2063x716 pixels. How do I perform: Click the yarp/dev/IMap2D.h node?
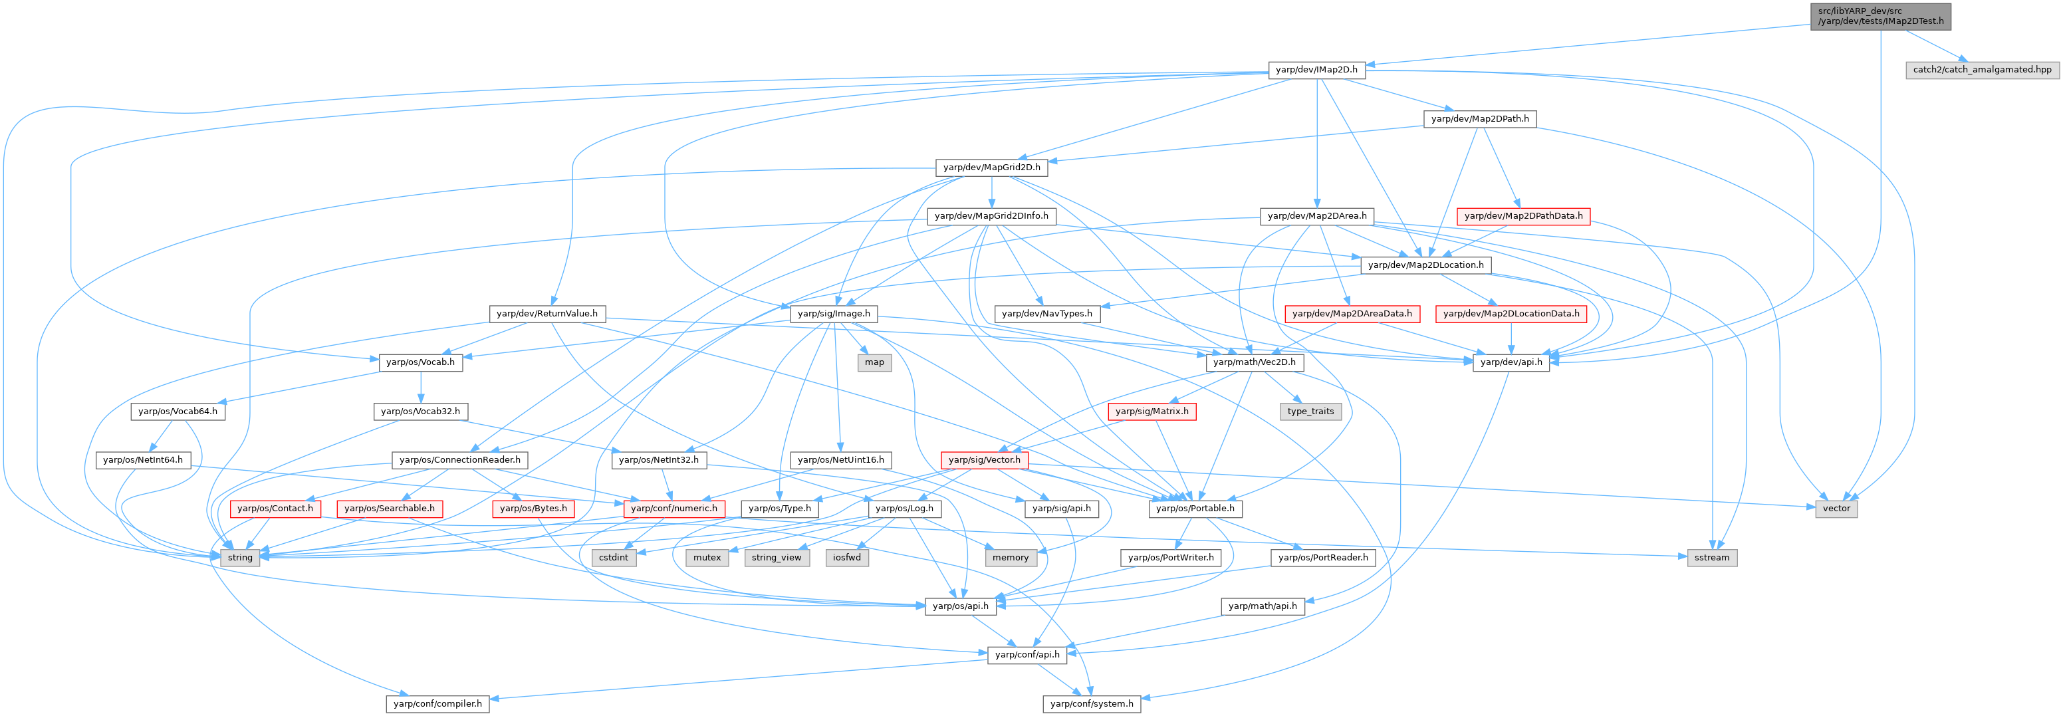1316,70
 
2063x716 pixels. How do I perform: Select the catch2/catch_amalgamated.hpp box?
1982,70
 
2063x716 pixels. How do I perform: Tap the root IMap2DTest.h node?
1880,16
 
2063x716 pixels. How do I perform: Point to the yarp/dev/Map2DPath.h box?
1480,118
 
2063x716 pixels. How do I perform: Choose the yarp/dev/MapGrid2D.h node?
991,168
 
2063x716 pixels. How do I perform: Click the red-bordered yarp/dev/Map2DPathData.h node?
1523,216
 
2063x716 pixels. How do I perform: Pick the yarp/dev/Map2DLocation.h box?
1425,265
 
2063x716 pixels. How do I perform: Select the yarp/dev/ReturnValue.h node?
547,313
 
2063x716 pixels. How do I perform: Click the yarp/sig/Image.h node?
834,313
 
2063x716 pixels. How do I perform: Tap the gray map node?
874,362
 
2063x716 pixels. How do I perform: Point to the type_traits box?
1310,411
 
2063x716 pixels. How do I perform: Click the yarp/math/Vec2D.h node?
1254,362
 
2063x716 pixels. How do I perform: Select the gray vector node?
1836,509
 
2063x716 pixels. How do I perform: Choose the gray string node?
240,557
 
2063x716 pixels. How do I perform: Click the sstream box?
1712,557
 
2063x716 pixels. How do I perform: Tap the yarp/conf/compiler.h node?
437,704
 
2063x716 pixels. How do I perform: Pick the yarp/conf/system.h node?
1092,704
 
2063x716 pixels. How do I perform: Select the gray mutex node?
706,557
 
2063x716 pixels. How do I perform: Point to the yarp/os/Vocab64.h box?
178,411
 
